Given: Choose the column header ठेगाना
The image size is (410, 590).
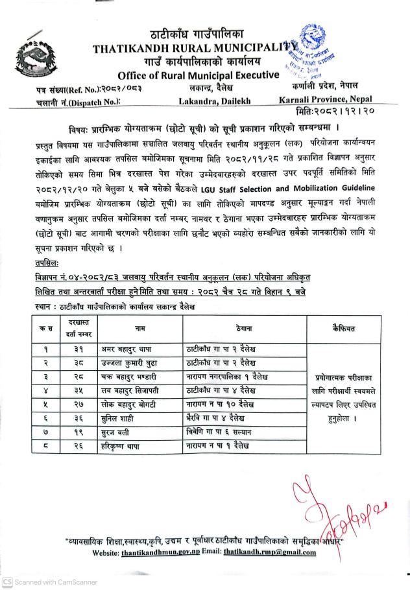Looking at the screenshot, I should (230, 329).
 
